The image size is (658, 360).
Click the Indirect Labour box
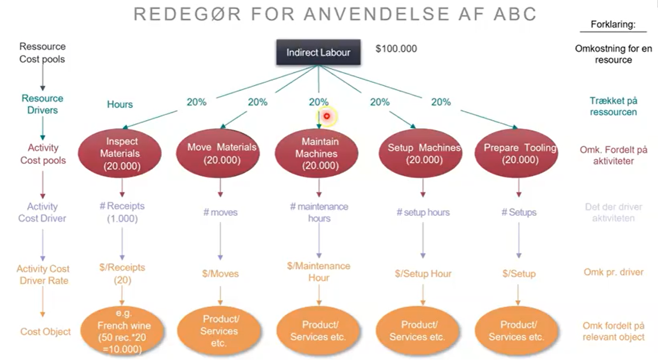point(318,52)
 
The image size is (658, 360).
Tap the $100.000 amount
point(396,49)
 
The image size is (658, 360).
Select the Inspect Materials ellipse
point(122,154)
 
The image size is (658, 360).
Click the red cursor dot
point(327,116)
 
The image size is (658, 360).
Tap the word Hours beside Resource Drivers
point(120,104)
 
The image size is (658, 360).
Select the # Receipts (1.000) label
point(122,212)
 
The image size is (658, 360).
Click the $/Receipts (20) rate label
point(122,273)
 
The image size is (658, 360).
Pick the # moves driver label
point(220,212)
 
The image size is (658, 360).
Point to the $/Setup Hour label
point(423,273)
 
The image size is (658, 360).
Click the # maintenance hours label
point(319,212)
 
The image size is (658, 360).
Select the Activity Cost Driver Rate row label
point(43,275)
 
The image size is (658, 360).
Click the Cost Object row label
point(45,332)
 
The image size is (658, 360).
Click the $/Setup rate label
point(519,273)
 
